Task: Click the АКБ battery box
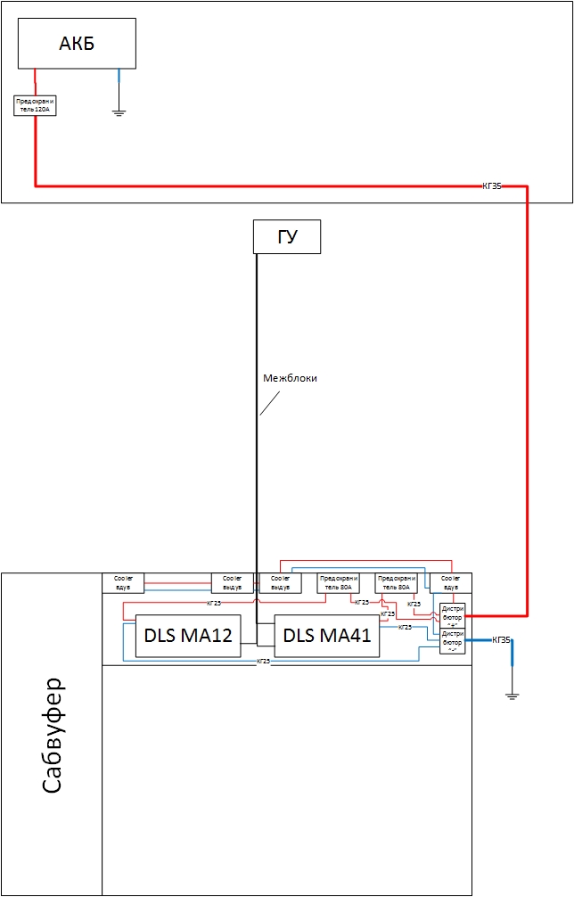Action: pyautogui.click(x=77, y=44)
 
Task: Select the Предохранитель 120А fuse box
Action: pyautogui.click(x=35, y=105)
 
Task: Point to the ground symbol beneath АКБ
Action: pyautogui.click(x=119, y=112)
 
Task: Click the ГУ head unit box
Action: pyautogui.click(x=286, y=237)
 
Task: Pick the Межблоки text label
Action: pyautogui.click(x=290, y=378)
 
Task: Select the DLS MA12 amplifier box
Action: pyautogui.click(x=188, y=636)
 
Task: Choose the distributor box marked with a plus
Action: pyautogui.click(x=453, y=615)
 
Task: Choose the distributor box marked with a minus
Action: pyautogui.click(x=453, y=641)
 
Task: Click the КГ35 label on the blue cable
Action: pyautogui.click(x=502, y=640)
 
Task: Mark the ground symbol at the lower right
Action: pyautogui.click(x=512, y=694)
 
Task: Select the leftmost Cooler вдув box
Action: pyautogui.click(x=123, y=583)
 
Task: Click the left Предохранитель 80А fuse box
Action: pyautogui.click(x=339, y=583)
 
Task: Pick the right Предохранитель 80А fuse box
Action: pyautogui.click(x=396, y=583)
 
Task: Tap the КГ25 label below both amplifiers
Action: pyautogui.click(x=264, y=661)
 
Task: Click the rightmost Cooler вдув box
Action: pyautogui.click(x=450, y=583)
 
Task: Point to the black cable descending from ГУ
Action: pyautogui.click(x=257, y=446)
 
